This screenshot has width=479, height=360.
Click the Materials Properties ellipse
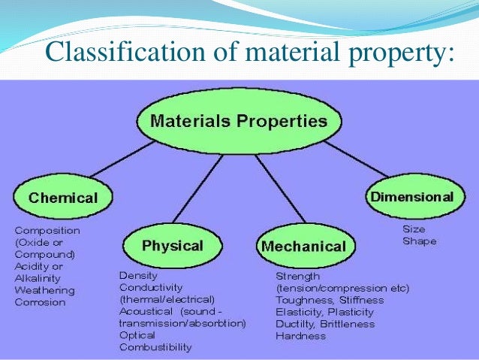click(x=239, y=121)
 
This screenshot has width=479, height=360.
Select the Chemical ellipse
click(x=63, y=198)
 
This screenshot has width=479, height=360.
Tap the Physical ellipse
click(x=172, y=245)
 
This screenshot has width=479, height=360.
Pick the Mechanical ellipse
click(x=303, y=246)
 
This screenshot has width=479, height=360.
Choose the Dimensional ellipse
click(x=411, y=197)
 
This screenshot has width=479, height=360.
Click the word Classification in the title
click(x=117, y=53)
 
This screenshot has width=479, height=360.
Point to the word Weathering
click(x=44, y=290)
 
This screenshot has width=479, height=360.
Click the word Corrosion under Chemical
click(x=40, y=302)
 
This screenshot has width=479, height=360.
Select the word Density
click(x=138, y=275)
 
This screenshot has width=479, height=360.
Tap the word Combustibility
click(x=155, y=347)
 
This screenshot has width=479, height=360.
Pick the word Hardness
click(x=300, y=336)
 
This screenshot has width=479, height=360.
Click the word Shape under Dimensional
click(x=419, y=241)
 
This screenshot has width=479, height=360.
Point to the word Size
click(x=414, y=229)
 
